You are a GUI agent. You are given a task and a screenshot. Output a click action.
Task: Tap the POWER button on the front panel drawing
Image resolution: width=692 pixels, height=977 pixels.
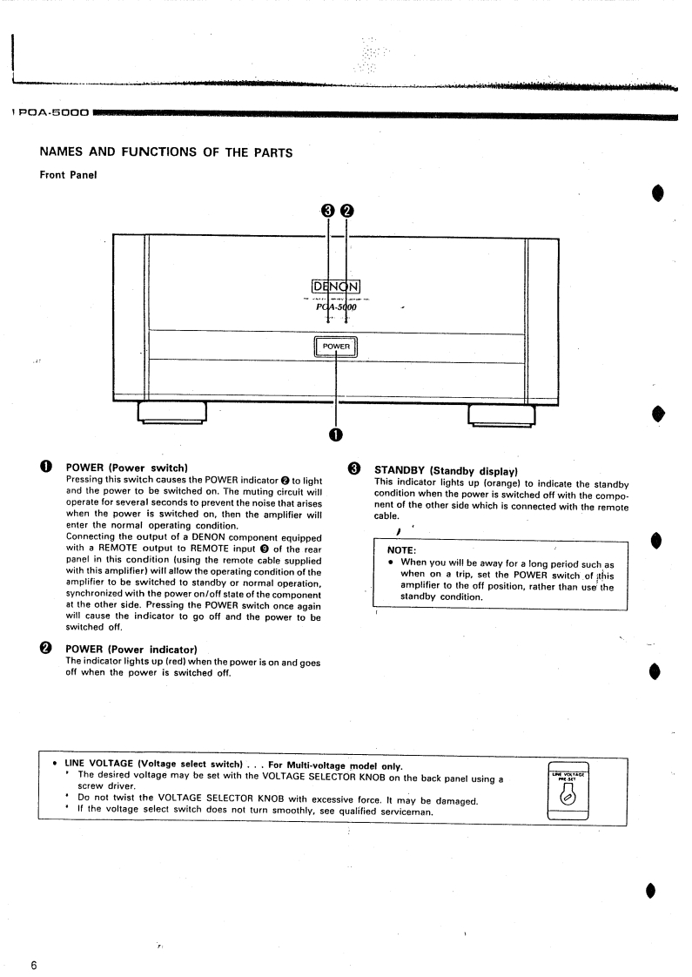[x=336, y=347]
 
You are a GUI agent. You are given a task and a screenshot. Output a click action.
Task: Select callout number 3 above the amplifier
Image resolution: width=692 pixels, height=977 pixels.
[x=327, y=211]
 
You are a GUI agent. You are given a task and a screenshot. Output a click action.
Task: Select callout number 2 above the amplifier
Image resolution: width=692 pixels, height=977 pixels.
[x=346, y=211]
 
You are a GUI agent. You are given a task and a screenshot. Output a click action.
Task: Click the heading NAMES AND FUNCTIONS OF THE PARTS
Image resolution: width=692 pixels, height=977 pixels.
[x=165, y=152]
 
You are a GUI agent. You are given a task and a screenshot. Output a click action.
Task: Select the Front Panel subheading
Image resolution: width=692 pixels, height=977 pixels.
[x=69, y=175]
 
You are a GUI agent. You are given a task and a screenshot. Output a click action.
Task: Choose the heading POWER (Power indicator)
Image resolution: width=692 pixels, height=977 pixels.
[x=132, y=650]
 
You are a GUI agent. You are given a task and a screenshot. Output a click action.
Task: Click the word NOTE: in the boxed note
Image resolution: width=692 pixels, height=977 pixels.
[x=401, y=550]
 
